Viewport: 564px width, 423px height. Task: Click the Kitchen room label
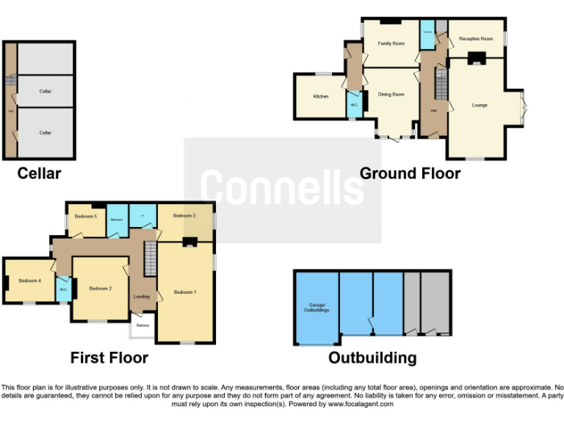tap(321, 96)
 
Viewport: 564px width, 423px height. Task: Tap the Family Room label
tap(391, 43)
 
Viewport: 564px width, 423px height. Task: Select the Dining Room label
tap(391, 94)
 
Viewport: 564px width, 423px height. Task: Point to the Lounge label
tap(480, 105)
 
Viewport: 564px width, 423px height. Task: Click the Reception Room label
tap(475, 38)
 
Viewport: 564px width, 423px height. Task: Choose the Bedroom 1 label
tap(185, 292)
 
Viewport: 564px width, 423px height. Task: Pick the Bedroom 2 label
tap(100, 289)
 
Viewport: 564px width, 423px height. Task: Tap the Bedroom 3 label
tap(184, 216)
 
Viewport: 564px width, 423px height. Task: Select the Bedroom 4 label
tap(29, 281)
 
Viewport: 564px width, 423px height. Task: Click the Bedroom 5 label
tap(85, 216)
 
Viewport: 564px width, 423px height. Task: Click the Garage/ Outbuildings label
tap(316, 308)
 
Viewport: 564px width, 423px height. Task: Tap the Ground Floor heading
tap(410, 173)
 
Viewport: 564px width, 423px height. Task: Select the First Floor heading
tap(109, 358)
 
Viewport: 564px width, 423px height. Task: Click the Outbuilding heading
tap(372, 358)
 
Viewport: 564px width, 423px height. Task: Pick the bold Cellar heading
tap(39, 173)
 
